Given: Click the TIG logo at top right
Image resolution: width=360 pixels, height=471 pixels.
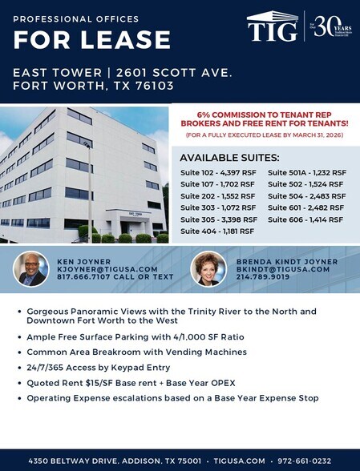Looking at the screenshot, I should [x=273, y=27].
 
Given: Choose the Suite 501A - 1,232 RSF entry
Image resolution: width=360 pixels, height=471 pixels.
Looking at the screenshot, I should [x=306, y=172].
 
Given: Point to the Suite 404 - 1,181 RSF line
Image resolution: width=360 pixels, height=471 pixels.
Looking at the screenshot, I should [x=216, y=231].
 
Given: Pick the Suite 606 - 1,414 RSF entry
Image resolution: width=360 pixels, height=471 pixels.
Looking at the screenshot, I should [x=306, y=219].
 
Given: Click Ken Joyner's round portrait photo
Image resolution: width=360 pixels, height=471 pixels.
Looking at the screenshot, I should [x=31, y=269].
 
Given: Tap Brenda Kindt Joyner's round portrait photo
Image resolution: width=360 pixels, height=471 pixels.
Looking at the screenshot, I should [x=208, y=269].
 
